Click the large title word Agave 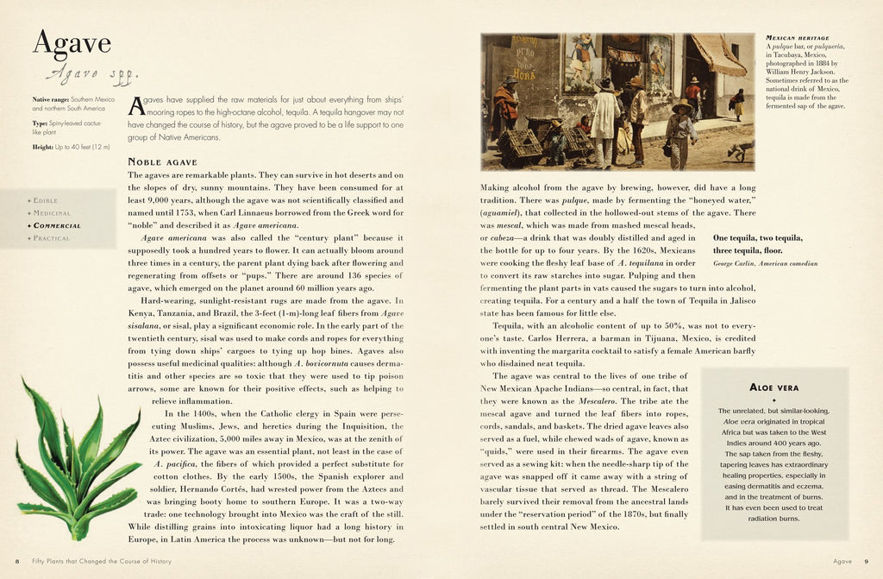point(72,44)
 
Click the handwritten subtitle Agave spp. point(89,74)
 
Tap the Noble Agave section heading point(163,161)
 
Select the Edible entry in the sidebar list point(46,200)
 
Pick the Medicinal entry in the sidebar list point(51,212)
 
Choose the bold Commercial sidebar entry point(57,225)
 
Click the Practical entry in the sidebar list point(51,238)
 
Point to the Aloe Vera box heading point(774,387)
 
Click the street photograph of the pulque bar point(617,101)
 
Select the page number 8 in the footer point(17,562)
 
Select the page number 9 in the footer point(866,562)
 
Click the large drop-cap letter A point(136,106)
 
